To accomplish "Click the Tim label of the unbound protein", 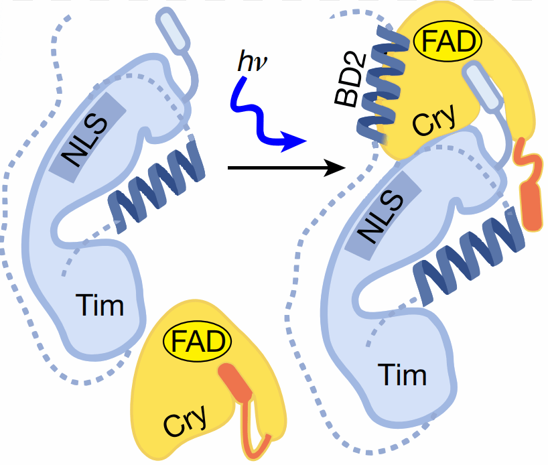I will point(100,306).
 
